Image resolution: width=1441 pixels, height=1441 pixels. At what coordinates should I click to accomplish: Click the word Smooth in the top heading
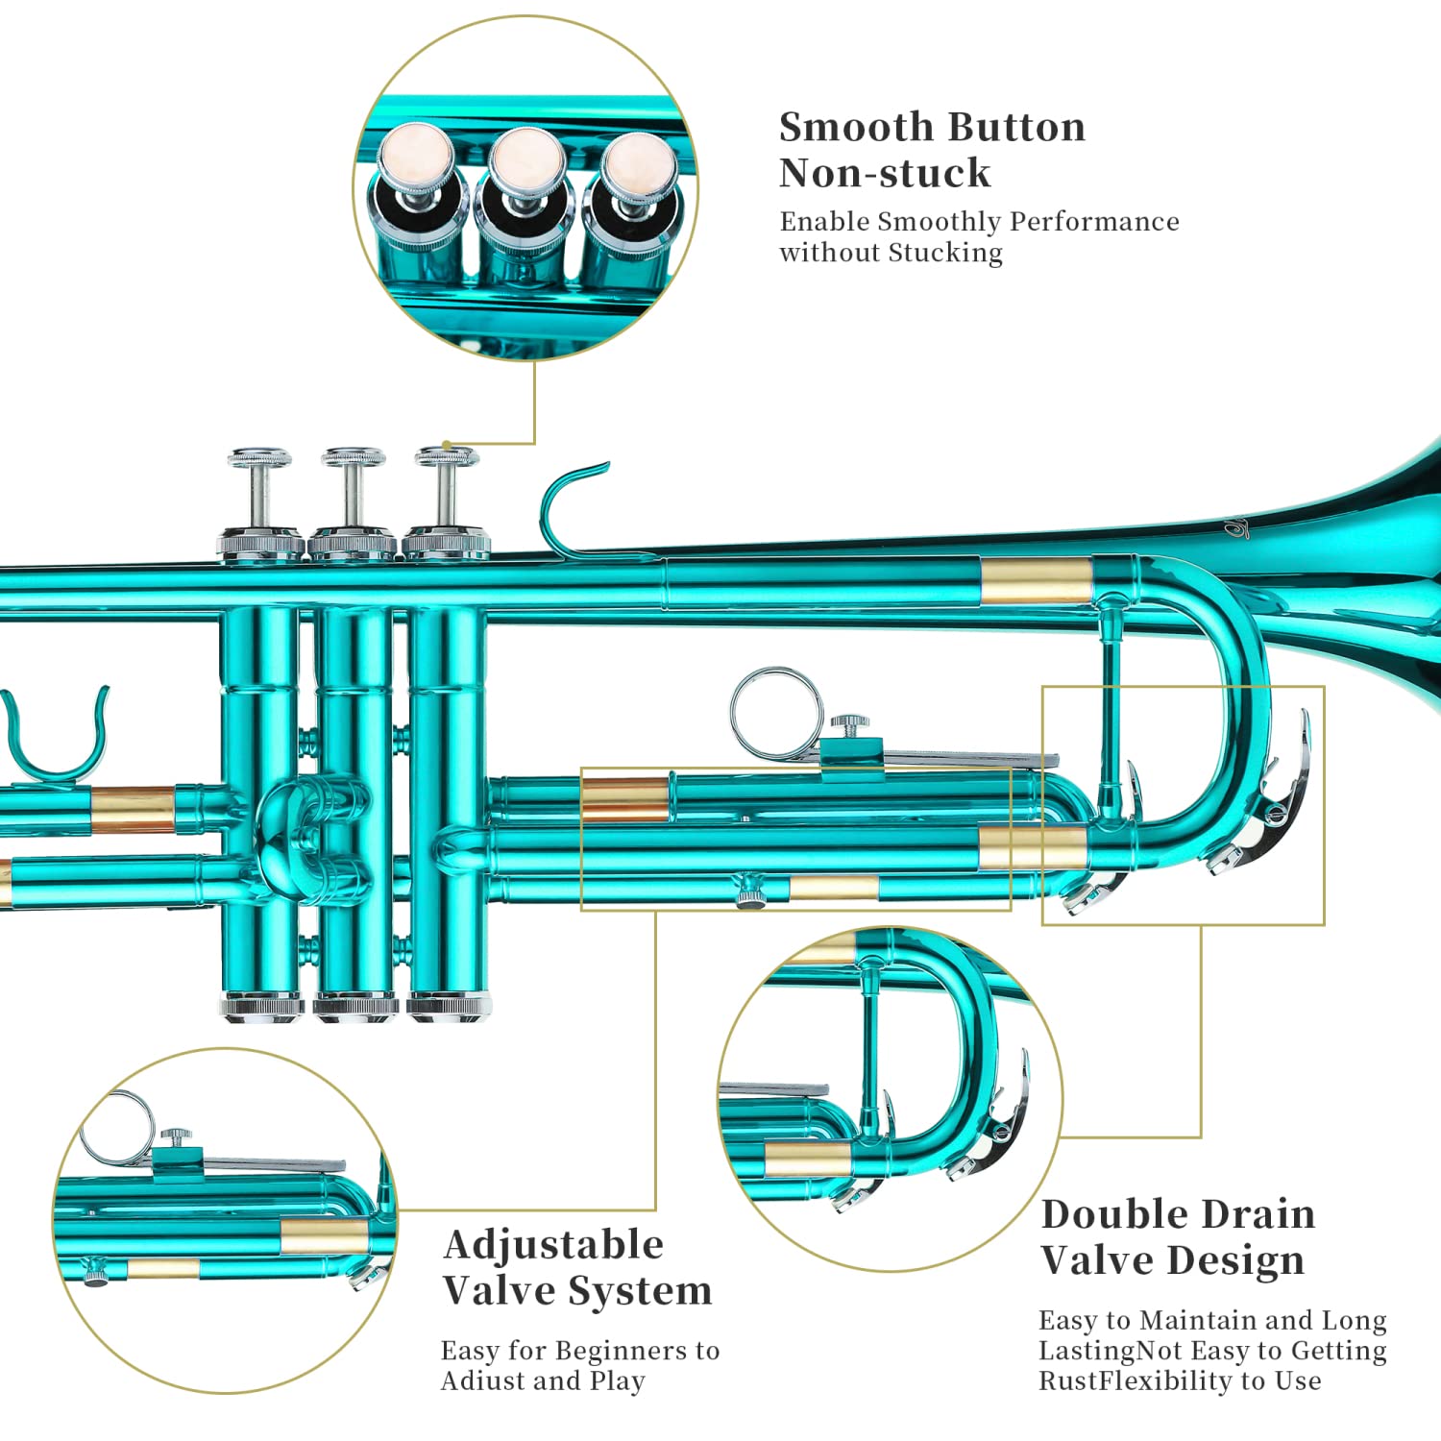856,127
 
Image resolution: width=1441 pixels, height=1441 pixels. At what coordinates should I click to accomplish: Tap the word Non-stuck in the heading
884,173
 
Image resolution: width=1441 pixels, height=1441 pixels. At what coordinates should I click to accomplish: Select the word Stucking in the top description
945,253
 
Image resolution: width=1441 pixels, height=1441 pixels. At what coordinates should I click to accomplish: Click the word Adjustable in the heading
553,1246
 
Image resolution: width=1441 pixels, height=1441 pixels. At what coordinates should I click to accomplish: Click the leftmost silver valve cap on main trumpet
260,457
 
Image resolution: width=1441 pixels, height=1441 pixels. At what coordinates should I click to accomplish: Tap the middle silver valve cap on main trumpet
354,457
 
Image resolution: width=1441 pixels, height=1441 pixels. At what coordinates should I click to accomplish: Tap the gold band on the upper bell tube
1037,580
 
